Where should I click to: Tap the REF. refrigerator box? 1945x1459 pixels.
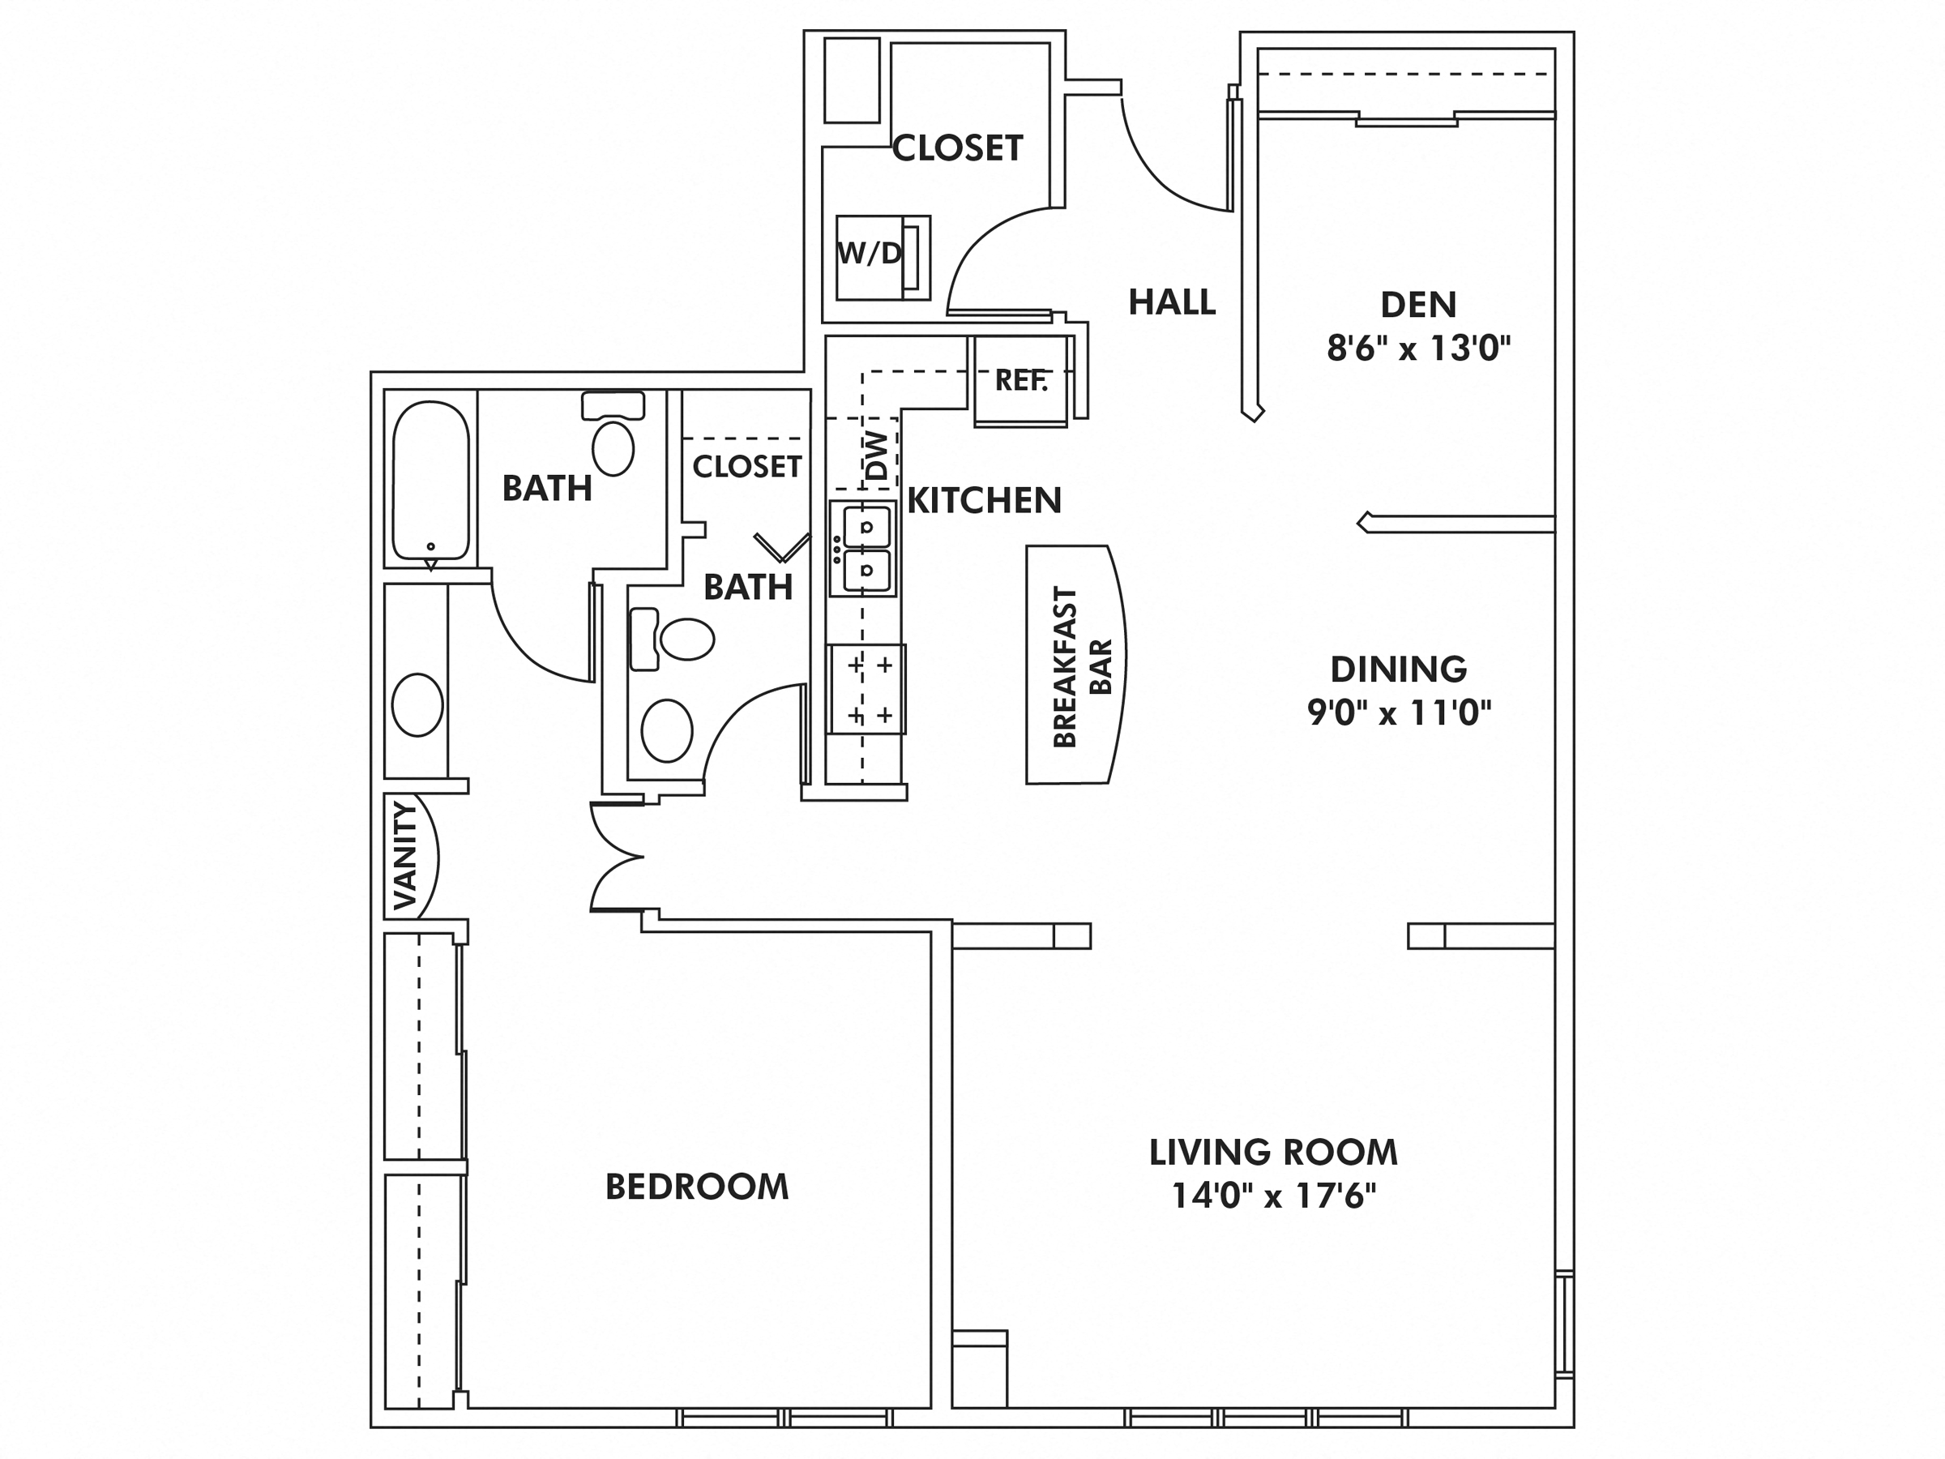(x=1021, y=381)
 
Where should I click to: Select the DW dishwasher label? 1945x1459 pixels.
(x=877, y=455)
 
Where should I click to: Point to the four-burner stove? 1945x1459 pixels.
(x=867, y=690)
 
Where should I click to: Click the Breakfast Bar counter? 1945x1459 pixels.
(x=1075, y=665)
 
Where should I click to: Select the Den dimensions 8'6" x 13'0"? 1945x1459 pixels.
(x=1417, y=349)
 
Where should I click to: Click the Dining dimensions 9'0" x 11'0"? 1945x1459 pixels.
(x=1399, y=712)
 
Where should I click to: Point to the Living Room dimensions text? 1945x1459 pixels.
(x=1272, y=1197)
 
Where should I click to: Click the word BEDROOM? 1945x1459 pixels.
(x=696, y=1187)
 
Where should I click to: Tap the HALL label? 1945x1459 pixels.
(x=1171, y=302)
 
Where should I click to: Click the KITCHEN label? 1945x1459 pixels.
(x=984, y=500)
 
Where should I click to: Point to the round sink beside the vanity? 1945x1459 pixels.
(x=417, y=704)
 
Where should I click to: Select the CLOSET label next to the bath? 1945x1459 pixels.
(x=746, y=466)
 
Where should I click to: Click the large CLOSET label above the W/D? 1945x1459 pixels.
(x=958, y=148)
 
